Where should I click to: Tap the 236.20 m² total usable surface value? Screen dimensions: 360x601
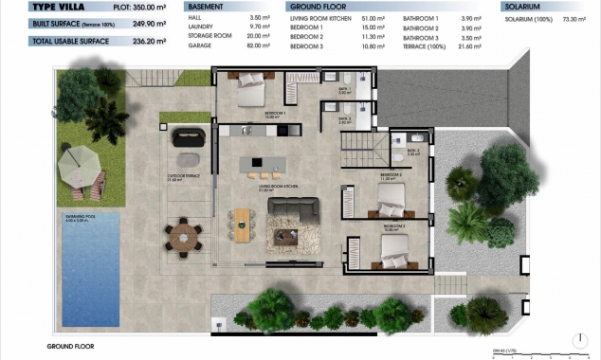tap(134, 41)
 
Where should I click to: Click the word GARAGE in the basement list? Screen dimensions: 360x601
tap(200, 45)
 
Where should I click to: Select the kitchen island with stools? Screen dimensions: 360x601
tap(261, 164)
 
